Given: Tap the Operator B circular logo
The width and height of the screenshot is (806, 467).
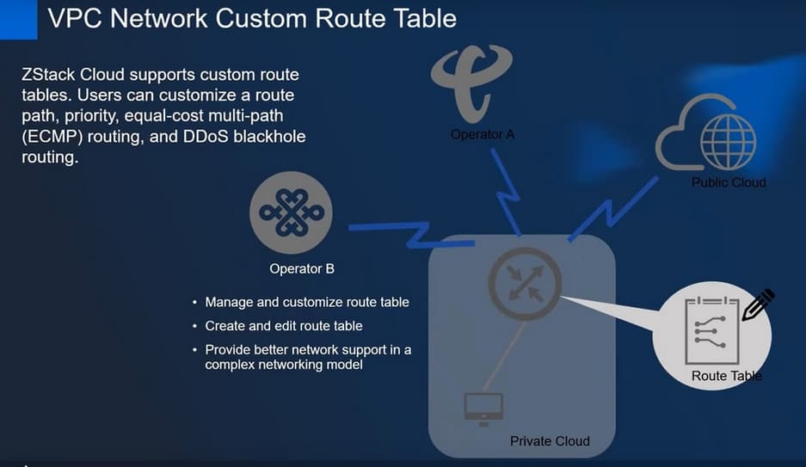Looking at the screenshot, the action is (x=291, y=212).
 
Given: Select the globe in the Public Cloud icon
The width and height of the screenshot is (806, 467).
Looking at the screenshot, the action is (x=729, y=141).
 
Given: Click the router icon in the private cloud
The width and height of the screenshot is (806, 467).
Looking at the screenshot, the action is (x=525, y=283).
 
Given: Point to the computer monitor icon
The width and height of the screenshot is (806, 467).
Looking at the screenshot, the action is (x=483, y=409).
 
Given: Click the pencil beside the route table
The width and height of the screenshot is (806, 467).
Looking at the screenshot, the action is (x=758, y=305).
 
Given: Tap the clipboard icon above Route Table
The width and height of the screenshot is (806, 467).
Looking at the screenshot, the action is (x=712, y=330).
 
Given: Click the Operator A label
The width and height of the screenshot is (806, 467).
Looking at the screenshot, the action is (x=483, y=135).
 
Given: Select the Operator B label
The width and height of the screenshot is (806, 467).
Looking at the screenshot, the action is (x=302, y=268).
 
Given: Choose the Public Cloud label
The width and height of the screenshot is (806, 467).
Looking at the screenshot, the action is (x=729, y=182).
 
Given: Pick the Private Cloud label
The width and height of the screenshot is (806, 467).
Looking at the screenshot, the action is (x=550, y=441).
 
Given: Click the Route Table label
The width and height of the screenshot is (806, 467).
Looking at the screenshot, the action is (x=726, y=376).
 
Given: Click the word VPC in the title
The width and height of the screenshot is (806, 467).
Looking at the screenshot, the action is (x=76, y=19).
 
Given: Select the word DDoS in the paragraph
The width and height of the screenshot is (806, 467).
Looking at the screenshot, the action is (x=205, y=137).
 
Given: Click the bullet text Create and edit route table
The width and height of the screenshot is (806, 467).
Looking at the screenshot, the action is (x=284, y=326).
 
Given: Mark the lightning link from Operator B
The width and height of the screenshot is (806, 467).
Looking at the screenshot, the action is (x=412, y=235).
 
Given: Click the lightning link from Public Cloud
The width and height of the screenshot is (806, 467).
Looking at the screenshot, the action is (x=612, y=209).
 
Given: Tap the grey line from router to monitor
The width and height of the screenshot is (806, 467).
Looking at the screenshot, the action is (x=505, y=355).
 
